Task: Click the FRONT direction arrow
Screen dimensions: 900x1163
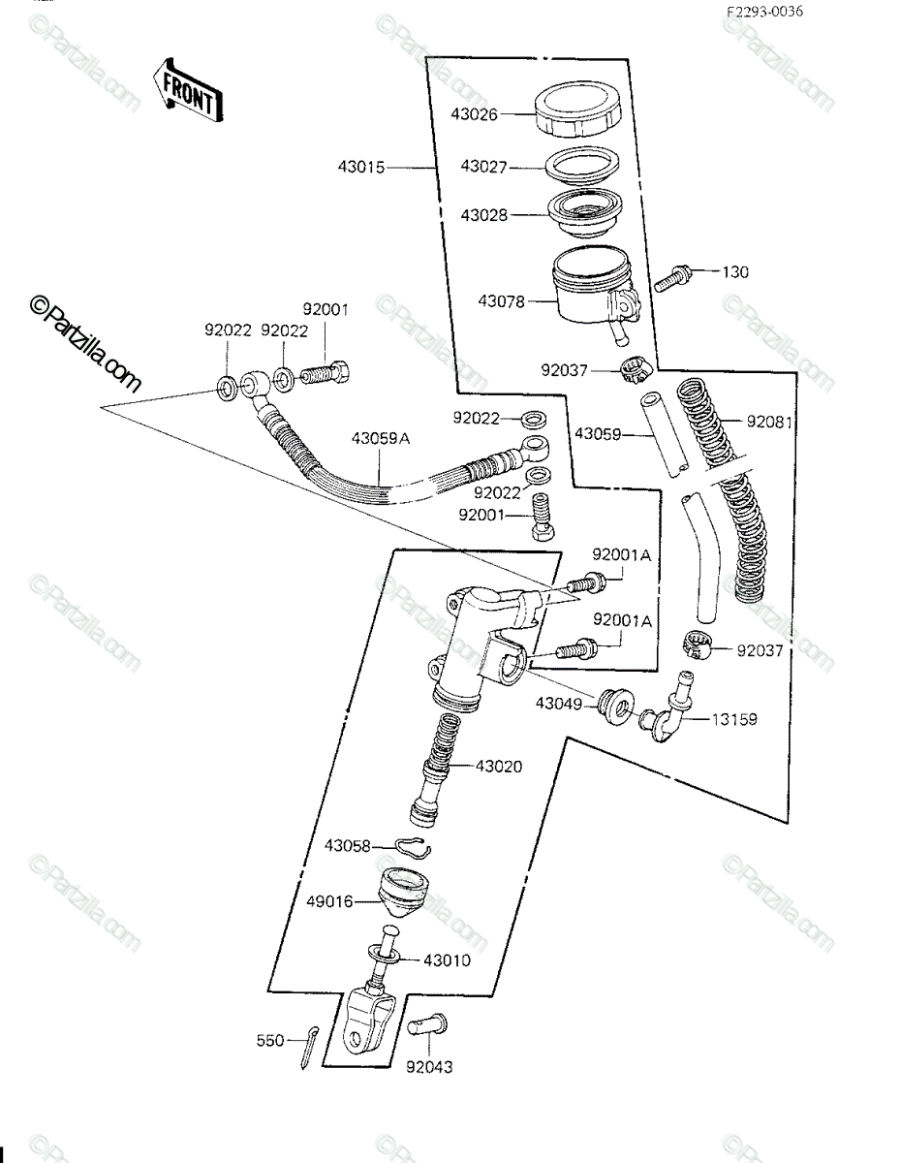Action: pos(188,91)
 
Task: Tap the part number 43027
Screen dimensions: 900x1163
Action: pos(483,167)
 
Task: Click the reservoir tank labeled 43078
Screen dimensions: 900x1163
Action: pos(595,293)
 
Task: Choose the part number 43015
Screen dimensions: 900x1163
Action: pos(361,168)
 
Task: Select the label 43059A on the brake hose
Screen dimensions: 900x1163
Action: pos(380,438)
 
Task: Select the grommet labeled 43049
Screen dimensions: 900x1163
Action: pos(616,707)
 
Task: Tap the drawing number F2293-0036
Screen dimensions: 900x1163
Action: pos(764,12)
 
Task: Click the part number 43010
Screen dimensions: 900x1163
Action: pos(447,960)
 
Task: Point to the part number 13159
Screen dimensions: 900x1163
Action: pos(734,719)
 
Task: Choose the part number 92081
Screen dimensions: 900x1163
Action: pos(769,422)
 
